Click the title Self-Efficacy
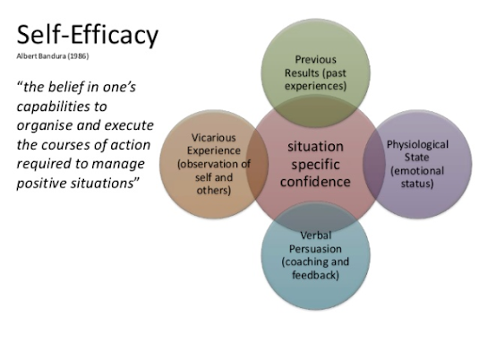pos(87,35)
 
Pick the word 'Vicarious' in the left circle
pos(212,137)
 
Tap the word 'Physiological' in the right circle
pos(417,143)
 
